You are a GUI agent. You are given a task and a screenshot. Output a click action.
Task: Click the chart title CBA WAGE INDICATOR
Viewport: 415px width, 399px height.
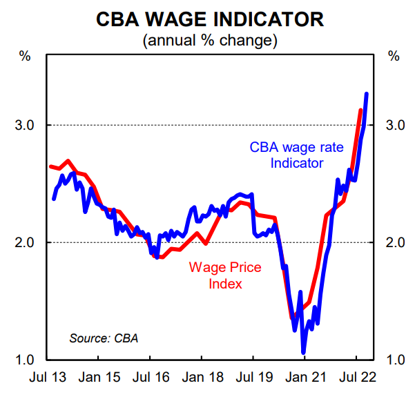pyautogui.click(x=209, y=19)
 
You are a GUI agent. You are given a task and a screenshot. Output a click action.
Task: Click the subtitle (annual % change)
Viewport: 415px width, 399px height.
pyautogui.click(x=209, y=41)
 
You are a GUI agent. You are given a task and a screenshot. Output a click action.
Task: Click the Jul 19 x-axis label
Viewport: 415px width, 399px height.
pyautogui.click(x=253, y=380)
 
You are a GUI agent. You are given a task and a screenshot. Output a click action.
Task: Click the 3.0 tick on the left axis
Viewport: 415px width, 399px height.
pyautogui.click(x=26, y=125)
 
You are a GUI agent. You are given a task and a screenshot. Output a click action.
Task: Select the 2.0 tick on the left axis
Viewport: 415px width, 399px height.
pyautogui.click(x=26, y=242)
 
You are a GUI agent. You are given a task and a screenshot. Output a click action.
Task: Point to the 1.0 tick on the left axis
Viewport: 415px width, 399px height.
pyautogui.click(x=26, y=360)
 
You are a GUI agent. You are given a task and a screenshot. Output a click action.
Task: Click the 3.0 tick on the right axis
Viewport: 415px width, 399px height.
pyautogui.click(x=394, y=125)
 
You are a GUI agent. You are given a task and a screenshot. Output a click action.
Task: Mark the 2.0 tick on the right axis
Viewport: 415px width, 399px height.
pyautogui.click(x=394, y=242)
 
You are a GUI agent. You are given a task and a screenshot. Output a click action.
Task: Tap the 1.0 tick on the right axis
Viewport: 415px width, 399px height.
pyautogui.click(x=394, y=360)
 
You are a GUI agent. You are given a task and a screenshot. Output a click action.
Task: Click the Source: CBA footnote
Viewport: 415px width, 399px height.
pyautogui.click(x=104, y=338)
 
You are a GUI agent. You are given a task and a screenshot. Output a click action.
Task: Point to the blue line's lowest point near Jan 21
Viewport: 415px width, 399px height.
pyautogui.click(x=303, y=353)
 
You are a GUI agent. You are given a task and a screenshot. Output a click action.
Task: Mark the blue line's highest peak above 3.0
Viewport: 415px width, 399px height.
pyautogui.click(x=366, y=93)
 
